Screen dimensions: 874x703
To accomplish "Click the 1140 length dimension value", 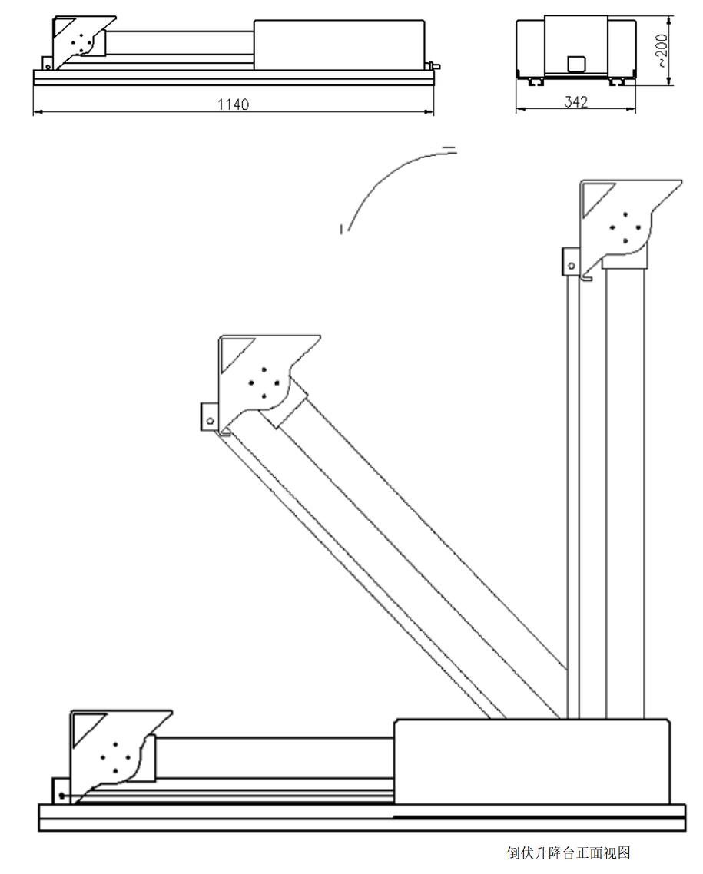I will (233, 104).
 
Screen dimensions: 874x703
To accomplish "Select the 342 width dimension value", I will (575, 102).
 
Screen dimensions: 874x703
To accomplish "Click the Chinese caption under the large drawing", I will (568, 852).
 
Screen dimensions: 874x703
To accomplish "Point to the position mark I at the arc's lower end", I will (340, 227).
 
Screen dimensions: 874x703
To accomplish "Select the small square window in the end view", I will (575, 64).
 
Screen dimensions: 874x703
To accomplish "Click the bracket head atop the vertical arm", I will (622, 223).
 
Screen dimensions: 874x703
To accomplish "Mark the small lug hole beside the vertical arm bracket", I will (571, 265).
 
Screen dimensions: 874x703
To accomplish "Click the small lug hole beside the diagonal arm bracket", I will (209, 420).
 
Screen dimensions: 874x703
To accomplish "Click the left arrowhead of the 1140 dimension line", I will (36, 112).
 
